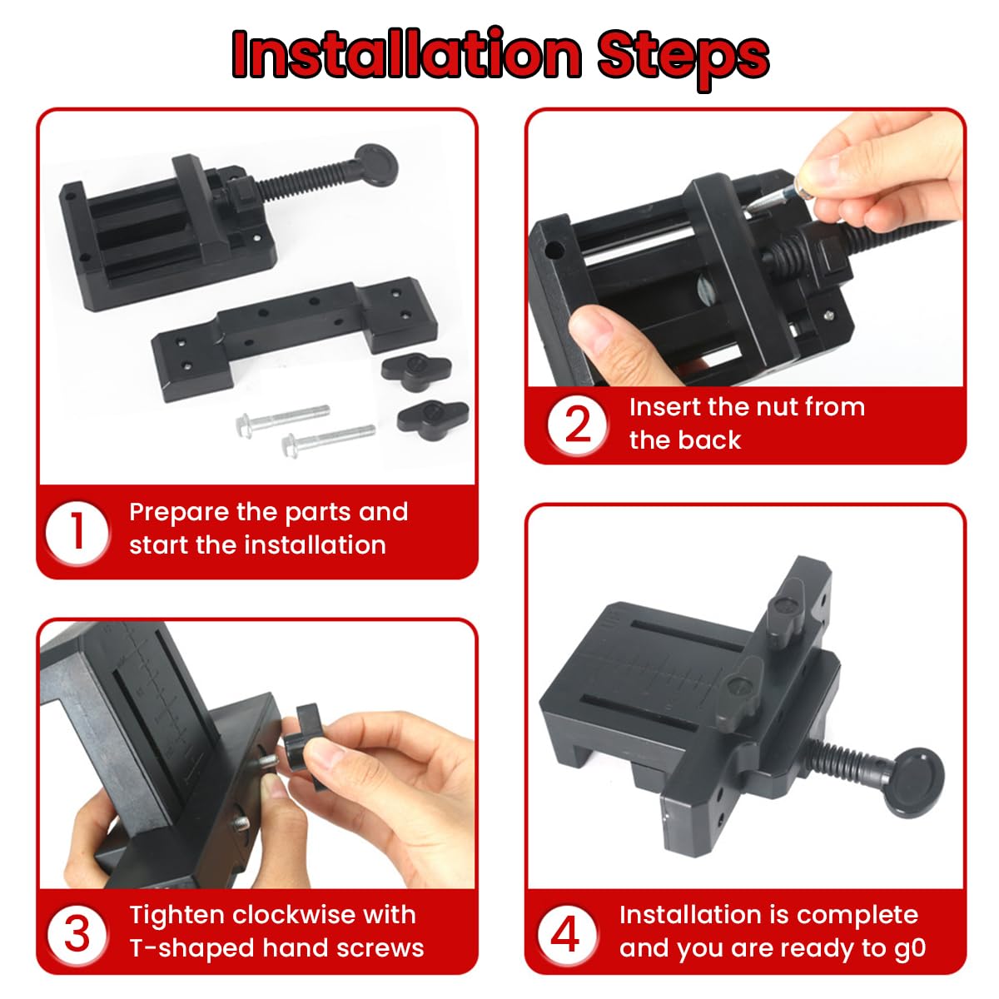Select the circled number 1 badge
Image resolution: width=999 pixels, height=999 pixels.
click(x=77, y=531)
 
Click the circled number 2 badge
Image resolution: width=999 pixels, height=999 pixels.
click(x=577, y=424)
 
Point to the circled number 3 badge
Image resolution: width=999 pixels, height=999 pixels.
click(x=77, y=933)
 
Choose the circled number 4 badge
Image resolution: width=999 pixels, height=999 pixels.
click(x=565, y=933)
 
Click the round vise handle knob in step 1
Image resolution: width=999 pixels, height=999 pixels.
click(x=377, y=165)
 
